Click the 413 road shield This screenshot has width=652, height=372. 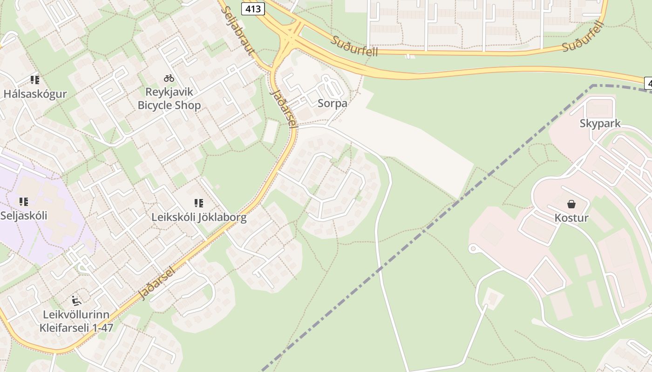pyautogui.click(x=253, y=8)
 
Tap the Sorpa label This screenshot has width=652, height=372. pyautogui.click(x=332, y=103)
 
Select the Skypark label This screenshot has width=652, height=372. pyautogui.click(x=600, y=123)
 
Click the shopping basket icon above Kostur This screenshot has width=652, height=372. pyautogui.click(x=571, y=204)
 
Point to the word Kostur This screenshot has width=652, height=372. pyautogui.click(x=571, y=218)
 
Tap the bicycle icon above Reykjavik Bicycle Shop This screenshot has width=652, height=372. pyautogui.click(x=169, y=78)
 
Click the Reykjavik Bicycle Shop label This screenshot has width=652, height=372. pyautogui.click(x=169, y=98)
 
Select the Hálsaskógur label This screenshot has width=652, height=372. pyautogui.click(x=35, y=93)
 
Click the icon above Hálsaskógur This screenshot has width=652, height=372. pyautogui.click(x=35, y=80)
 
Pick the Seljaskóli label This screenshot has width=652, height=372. pyautogui.click(x=24, y=215)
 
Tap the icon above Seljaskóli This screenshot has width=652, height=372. pyautogui.click(x=24, y=202)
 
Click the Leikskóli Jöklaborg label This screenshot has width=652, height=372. pyautogui.click(x=199, y=217)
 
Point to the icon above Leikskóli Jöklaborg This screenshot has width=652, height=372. pyautogui.click(x=199, y=203)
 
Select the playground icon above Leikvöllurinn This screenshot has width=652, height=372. pyautogui.click(x=76, y=300)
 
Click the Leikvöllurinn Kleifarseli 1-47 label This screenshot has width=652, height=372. pyautogui.click(x=76, y=321)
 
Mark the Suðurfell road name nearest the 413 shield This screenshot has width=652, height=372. pyautogui.click(x=354, y=46)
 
